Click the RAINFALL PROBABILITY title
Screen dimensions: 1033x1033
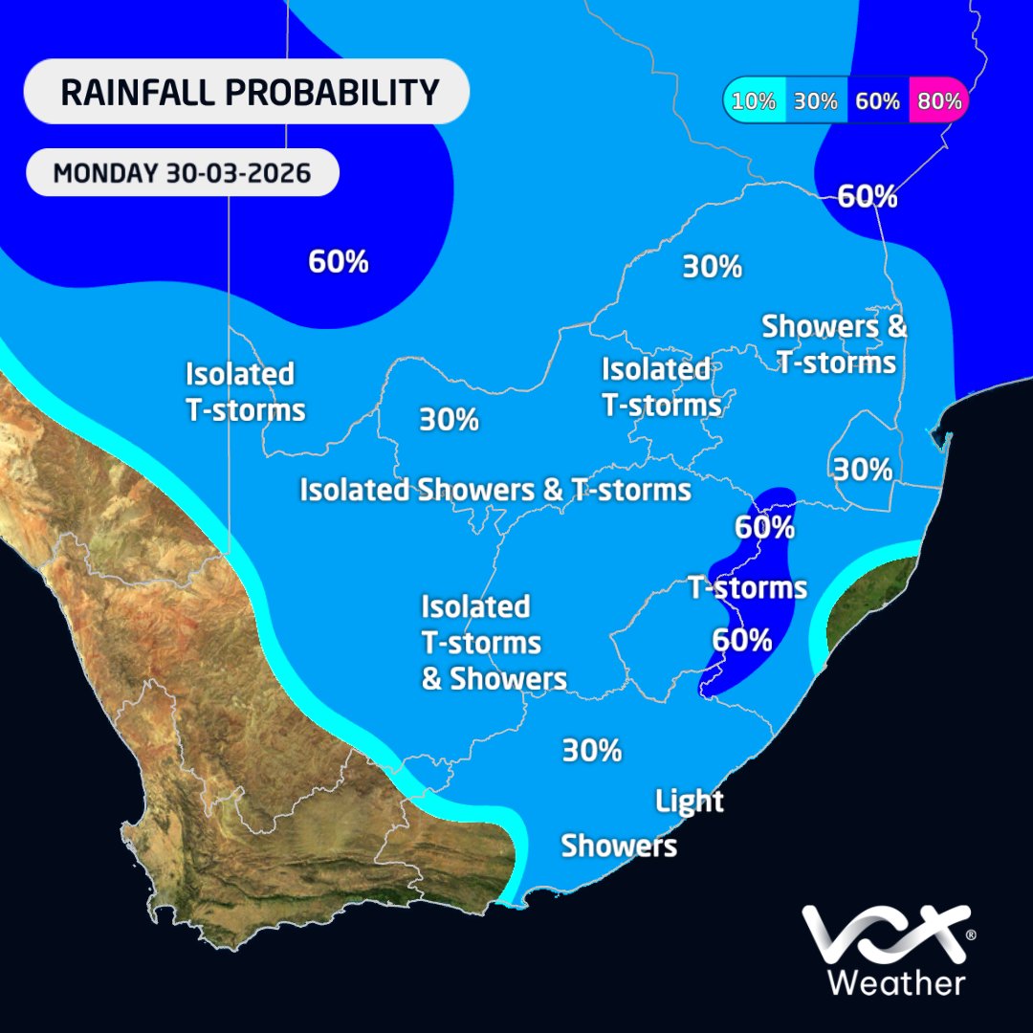tap(249, 93)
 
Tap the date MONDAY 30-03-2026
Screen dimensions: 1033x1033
tap(182, 174)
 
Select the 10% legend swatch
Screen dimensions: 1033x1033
tap(755, 100)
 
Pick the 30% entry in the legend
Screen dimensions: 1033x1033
tap(815, 100)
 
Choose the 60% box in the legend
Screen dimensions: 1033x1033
tap(877, 100)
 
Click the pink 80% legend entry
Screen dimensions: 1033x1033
tap(938, 100)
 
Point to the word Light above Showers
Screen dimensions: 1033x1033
tap(690, 801)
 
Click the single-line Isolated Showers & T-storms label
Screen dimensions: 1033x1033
tap(495, 490)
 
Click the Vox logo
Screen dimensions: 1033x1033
tap(881, 935)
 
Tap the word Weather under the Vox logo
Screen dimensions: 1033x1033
tap(896, 981)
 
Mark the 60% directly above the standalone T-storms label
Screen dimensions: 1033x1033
tap(764, 526)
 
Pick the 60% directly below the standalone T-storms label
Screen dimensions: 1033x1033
tap(742, 639)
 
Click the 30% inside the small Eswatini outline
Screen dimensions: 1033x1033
tap(863, 470)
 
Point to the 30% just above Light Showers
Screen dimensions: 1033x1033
tap(592, 750)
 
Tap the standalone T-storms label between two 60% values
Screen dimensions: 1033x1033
tap(748, 587)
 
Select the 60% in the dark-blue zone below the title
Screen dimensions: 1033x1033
tap(339, 261)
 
